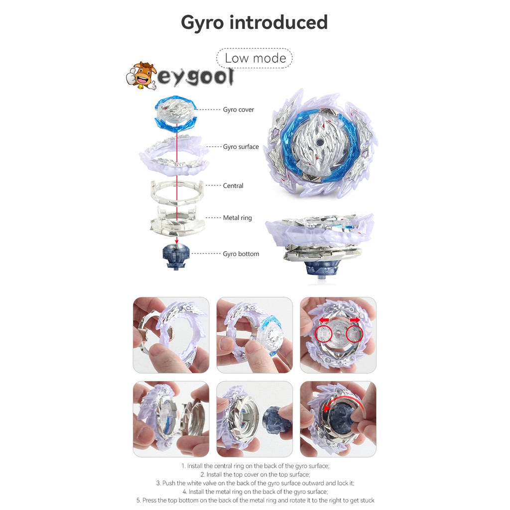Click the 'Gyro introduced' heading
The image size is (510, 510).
[254, 22]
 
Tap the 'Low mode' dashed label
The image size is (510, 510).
[255, 58]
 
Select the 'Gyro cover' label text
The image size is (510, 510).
[238, 110]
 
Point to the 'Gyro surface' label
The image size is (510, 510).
[241, 147]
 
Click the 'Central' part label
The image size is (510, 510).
[233, 186]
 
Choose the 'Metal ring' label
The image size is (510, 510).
[237, 218]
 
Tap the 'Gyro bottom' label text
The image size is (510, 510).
[241, 254]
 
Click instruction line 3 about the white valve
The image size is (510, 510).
[255, 483]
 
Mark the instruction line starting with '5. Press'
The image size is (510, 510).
[255, 500]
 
